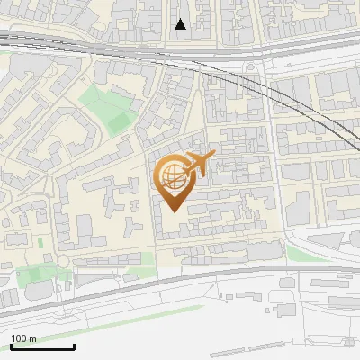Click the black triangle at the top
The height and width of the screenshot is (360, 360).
point(181,24)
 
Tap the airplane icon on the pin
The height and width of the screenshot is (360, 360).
point(199,164)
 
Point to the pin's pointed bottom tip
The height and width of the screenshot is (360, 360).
point(174,211)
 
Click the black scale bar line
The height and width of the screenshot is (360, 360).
point(42,346)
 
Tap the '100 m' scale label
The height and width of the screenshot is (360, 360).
point(24,338)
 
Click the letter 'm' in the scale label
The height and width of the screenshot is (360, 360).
point(33,338)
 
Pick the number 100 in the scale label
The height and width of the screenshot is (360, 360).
point(20,338)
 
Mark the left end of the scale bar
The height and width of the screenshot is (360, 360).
point(11,346)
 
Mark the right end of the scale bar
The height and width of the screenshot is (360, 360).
point(74,346)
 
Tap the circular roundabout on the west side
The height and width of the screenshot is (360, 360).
point(64,262)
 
